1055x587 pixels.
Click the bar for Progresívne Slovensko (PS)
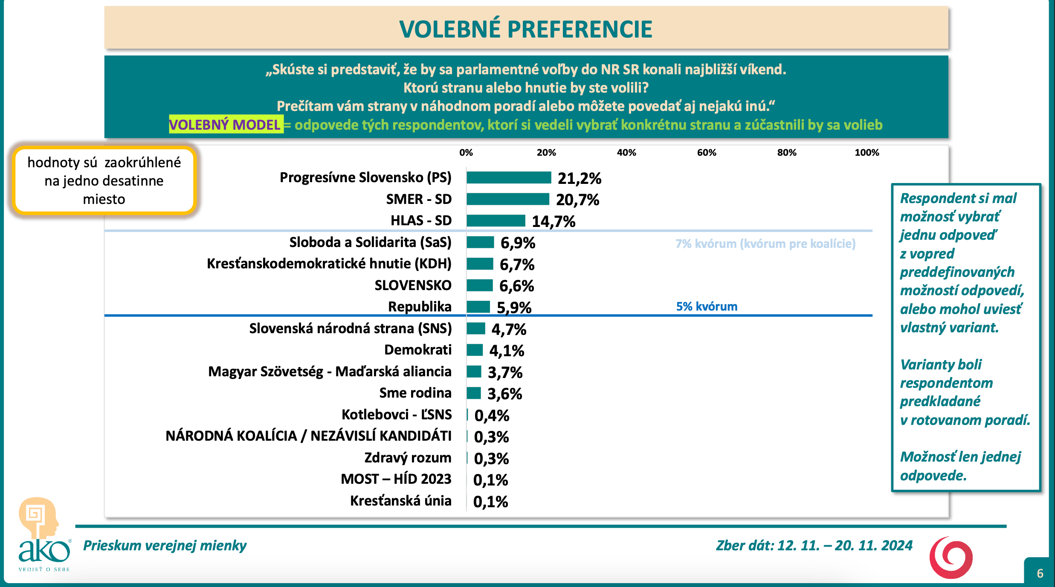point(509,177)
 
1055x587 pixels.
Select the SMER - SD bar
point(507,199)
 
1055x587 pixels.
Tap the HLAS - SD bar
point(496,221)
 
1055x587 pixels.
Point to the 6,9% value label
point(518,243)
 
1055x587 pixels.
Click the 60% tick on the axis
point(706,153)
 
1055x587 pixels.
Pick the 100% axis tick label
point(867,153)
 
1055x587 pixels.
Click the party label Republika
point(420,307)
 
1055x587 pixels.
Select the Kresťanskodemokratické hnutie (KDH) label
point(329,264)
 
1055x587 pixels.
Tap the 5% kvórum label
point(707,306)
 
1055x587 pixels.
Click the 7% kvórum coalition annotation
point(765,244)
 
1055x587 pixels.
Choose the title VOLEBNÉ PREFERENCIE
point(525,29)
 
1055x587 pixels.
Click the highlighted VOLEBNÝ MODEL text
point(225,125)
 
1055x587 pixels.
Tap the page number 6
point(1040,573)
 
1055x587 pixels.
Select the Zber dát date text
point(814,546)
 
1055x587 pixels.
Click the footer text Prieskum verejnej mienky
point(165,546)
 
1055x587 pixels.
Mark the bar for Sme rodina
point(474,393)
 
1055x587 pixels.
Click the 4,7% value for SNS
point(509,329)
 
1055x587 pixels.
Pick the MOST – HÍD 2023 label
point(396,479)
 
